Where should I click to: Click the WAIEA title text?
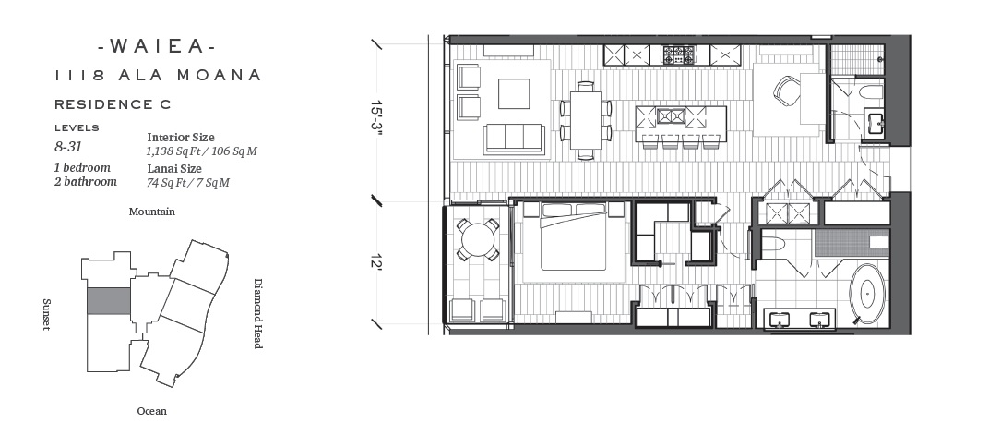click(158, 46)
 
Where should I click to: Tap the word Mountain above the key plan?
click(152, 212)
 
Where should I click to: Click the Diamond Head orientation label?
click(257, 313)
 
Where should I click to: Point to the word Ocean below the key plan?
click(152, 411)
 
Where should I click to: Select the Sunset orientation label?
click(46, 314)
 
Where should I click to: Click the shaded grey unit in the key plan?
click(109, 301)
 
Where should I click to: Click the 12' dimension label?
click(376, 261)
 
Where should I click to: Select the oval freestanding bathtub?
click(867, 295)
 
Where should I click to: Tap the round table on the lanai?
click(478, 239)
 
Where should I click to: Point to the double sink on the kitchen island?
click(671, 116)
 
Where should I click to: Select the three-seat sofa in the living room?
click(514, 139)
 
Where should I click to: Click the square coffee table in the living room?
click(514, 93)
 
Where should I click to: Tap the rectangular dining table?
click(585, 120)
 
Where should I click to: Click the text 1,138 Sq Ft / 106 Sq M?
click(201, 151)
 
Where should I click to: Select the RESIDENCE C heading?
click(113, 104)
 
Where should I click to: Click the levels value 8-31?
click(68, 147)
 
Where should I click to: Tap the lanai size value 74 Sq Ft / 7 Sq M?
click(188, 183)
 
